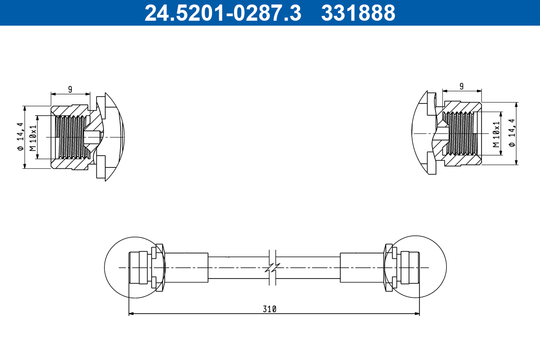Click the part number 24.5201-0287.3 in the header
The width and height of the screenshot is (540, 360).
(222, 13)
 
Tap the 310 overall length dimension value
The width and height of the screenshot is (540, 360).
(270, 309)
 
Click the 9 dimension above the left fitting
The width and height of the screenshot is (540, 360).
(70, 89)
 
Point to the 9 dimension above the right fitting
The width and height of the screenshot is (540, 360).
(462, 85)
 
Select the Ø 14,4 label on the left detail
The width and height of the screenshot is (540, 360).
(19, 137)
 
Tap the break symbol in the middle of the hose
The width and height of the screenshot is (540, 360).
(272, 268)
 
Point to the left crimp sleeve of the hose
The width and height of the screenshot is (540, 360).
(187, 267)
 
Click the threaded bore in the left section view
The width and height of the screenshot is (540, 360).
(70, 137)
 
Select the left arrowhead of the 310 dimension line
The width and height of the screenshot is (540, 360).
(131, 314)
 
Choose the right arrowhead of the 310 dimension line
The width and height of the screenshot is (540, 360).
(417, 314)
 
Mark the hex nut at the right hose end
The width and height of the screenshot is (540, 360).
(388, 267)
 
